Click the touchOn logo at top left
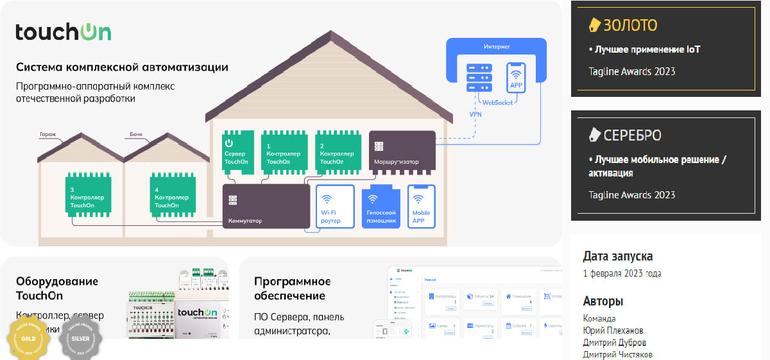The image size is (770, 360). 64,32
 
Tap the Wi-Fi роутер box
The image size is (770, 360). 335,207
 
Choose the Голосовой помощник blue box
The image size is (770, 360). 381,207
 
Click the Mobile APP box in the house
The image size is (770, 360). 422,207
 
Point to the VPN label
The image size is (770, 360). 475,114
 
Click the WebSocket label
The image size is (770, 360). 497,102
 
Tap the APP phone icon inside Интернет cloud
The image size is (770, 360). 516,77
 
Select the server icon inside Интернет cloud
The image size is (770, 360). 479,77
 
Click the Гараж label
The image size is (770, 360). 47,135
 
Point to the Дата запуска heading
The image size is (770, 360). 618,256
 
